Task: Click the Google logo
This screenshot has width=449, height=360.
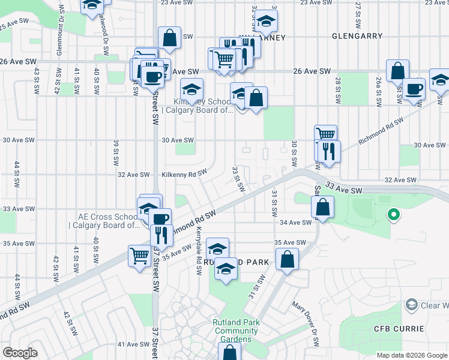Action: tap(20, 353)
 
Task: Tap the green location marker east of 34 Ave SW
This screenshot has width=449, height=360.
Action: tap(394, 214)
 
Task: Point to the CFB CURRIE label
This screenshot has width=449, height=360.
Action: tap(399, 329)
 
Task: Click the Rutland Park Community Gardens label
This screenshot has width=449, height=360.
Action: tap(236, 331)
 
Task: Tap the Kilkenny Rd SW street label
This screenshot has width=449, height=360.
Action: tap(184, 175)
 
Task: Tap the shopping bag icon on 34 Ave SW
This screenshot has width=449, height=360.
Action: tap(322, 207)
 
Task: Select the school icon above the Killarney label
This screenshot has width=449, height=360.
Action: tap(265, 22)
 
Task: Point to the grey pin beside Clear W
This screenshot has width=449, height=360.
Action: tap(411, 305)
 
